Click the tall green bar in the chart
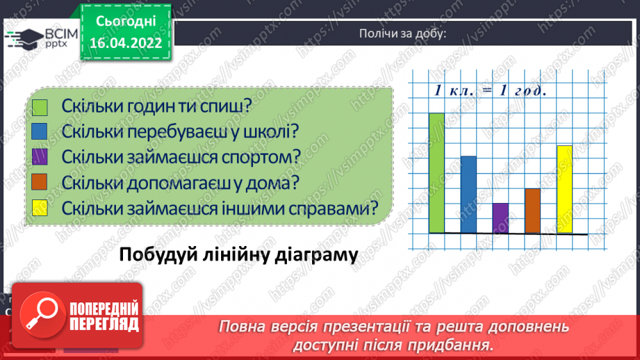coord(436,172)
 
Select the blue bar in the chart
coord(468,194)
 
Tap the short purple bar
coord(500,218)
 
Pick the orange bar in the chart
coord(532,210)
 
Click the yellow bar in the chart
coord(564,189)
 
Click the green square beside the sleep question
coord(40,107)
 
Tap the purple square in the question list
coord(40,157)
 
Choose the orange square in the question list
coord(40,182)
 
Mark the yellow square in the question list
coord(40,208)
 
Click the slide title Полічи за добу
coord(402,34)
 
